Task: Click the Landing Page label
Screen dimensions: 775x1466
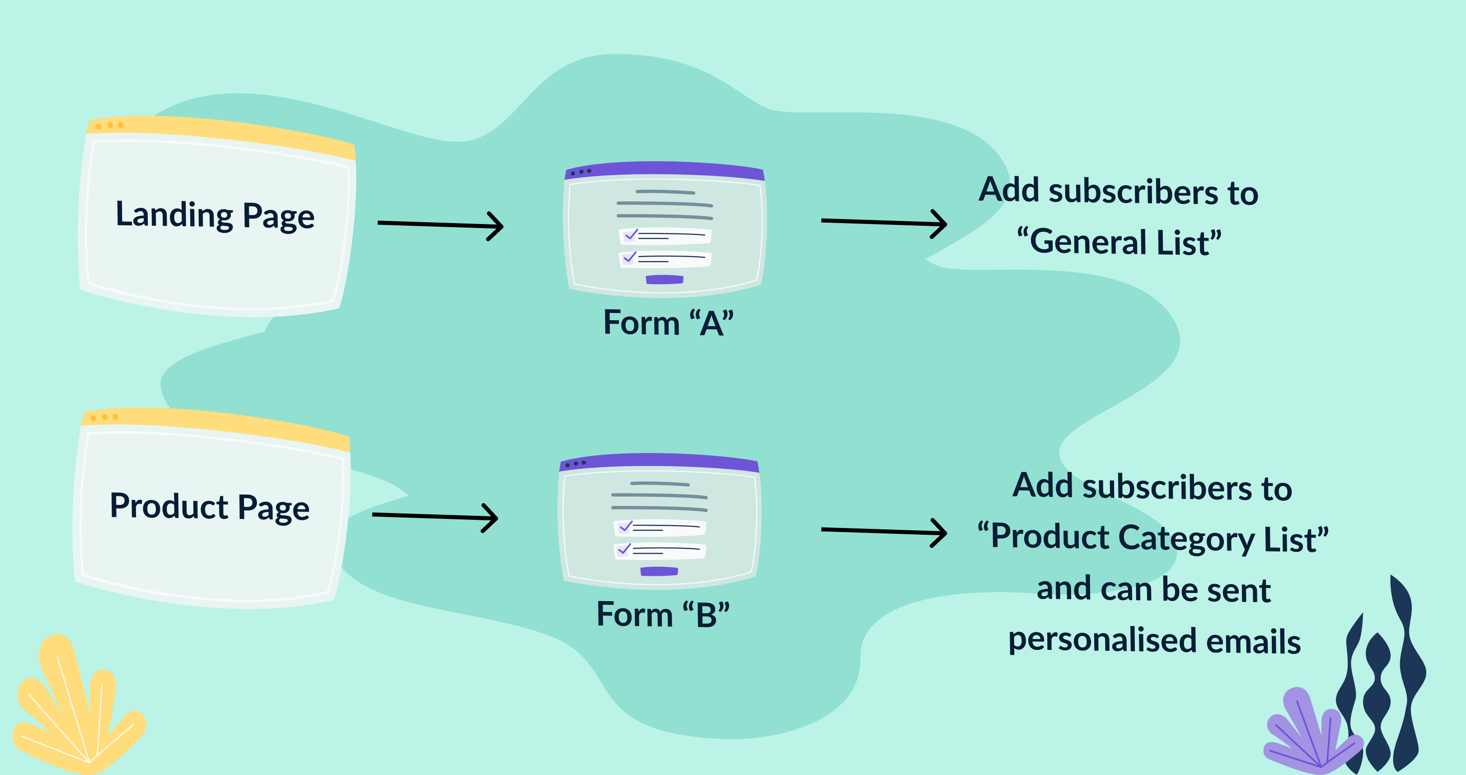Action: point(215,216)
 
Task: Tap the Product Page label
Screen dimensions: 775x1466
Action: point(210,507)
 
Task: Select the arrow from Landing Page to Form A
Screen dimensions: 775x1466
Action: point(440,225)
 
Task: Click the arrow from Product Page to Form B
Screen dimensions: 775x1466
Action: point(435,517)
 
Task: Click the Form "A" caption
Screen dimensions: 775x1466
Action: point(668,323)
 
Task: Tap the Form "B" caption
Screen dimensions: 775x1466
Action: point(663,615)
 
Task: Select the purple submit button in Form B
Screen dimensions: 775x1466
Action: point(659,571)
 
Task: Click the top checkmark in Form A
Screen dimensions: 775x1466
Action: point(631,234)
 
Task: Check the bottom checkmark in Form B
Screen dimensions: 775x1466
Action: point(624,549)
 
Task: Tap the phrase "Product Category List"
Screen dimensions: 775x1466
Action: point(1153,538)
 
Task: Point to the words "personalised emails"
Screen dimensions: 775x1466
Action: point(1154,641)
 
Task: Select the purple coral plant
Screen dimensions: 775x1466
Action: point(1309,731)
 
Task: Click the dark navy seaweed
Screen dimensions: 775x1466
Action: point(1389,683)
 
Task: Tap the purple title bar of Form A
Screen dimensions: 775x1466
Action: point(664,169)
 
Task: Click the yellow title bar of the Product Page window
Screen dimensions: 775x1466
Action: point(216,424)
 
